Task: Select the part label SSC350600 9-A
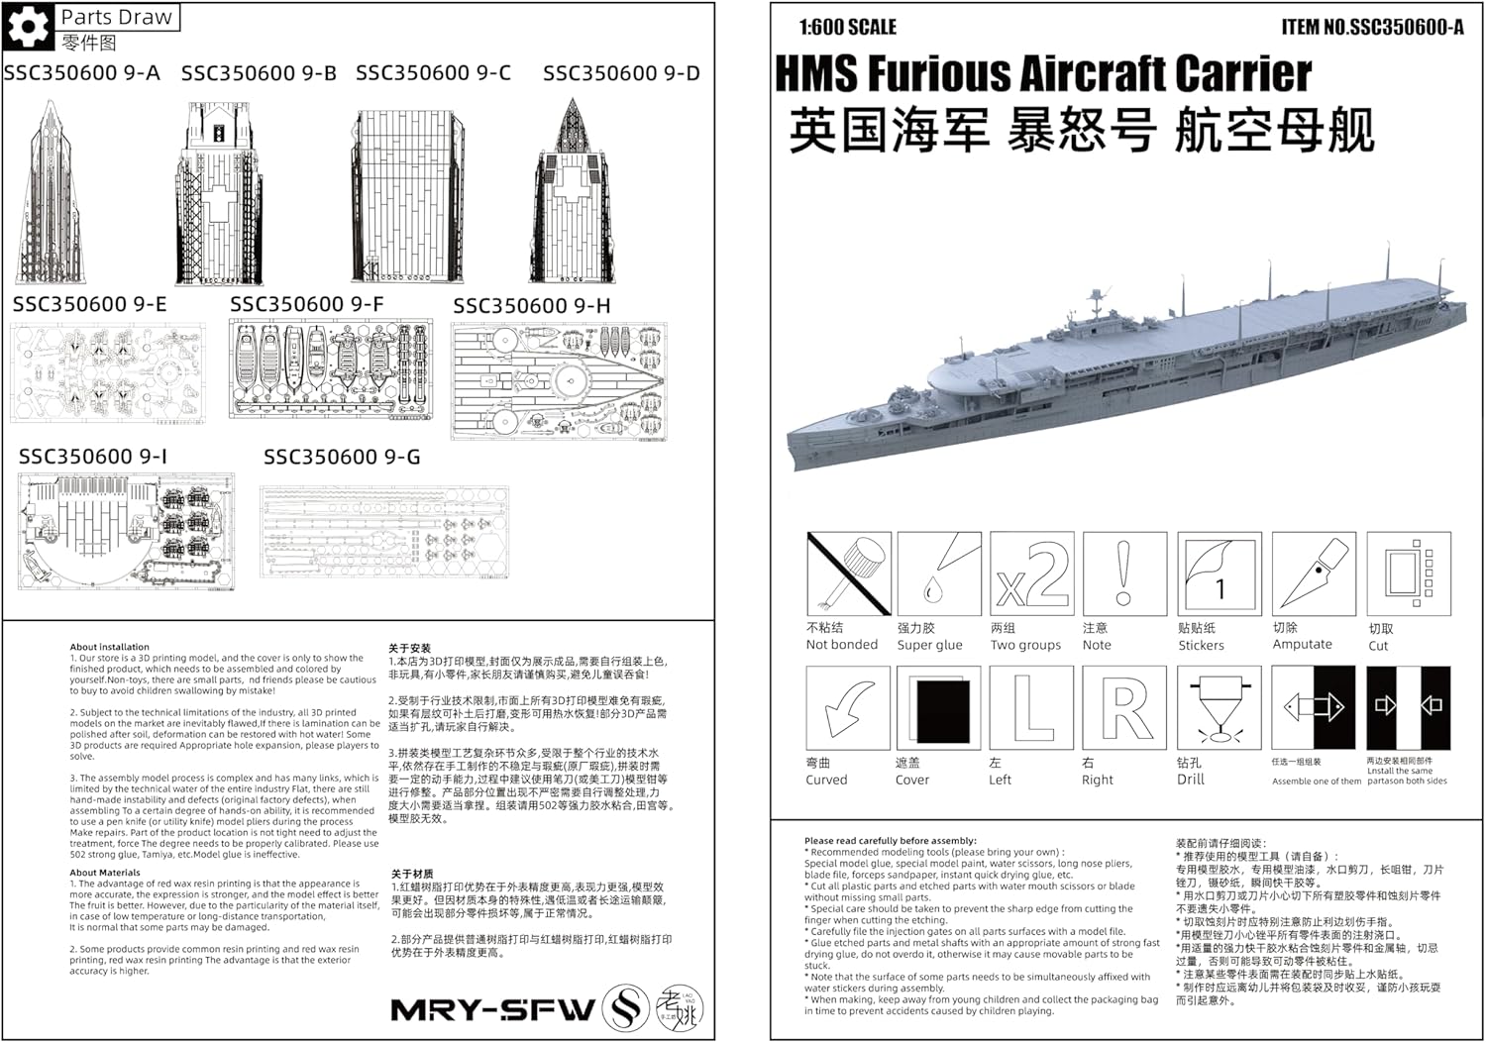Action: [x=81, y=73]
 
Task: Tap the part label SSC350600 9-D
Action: [x=621, y=73]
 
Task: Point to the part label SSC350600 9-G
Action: [x=342, y=457]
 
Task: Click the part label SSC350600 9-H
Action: [x=532, y=306]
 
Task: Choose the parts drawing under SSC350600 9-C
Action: [x=407, y=196]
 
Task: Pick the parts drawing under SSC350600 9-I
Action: [x=126, y=532]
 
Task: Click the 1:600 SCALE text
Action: [x=847, y=27]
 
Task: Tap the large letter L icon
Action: [x=1031, y=707]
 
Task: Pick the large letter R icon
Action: [x=1124, y=707]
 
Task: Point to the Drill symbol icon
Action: [x=1218, y=707]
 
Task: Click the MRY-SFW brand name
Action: [x=492, y=1010]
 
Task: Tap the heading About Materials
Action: [x=105, y=873]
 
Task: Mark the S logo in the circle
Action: [x=626, y=1009]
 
